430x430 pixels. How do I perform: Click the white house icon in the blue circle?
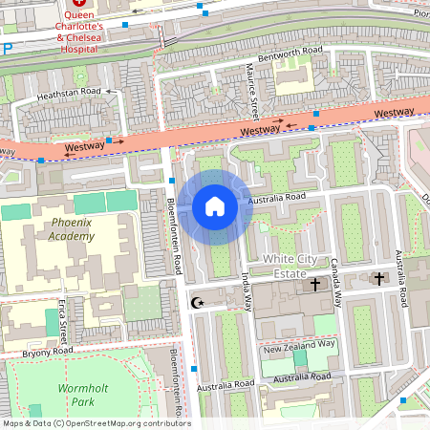tap(215, 206)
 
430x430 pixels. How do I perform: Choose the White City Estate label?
tap(277, 266)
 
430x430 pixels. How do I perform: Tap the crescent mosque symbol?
tap(199, 303)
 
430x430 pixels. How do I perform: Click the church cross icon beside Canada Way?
tap(314, 285)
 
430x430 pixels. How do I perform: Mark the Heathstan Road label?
tap(69, 94)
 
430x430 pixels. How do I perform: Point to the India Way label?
tap(247, 291)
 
